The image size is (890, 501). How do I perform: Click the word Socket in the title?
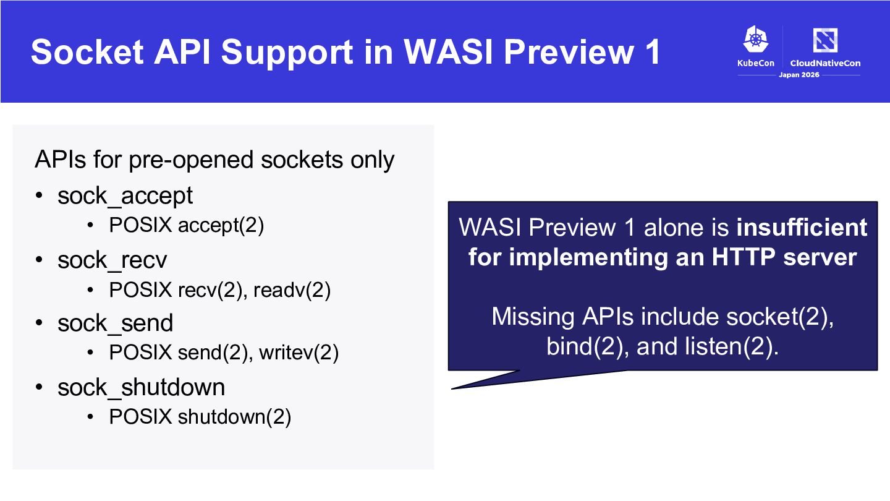click(87, 52)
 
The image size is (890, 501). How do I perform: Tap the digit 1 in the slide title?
click(653, 52)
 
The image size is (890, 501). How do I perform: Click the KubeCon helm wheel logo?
click(756, 39)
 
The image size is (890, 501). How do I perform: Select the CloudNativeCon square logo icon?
click(825, 40)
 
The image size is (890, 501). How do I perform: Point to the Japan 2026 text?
click(799, 75)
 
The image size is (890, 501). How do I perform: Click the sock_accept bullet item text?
click(125, 195)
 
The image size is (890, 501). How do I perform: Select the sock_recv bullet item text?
click(112, 260)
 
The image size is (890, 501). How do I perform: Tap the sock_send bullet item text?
click(115, 322)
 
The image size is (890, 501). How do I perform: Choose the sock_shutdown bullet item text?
click(141, 387)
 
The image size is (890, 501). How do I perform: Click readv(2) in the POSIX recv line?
click(292, 290)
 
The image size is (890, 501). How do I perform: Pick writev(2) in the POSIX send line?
click(299, 353)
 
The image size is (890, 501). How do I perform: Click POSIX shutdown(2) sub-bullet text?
click(200, 417)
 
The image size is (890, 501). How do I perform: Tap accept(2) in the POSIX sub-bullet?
click(221, 225)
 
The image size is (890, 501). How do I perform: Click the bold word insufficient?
click(802, 228)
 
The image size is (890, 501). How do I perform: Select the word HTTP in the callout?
click(744, 257)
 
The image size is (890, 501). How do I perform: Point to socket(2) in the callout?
click(780, 317)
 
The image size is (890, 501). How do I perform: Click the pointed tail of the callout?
click(452, 388)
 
